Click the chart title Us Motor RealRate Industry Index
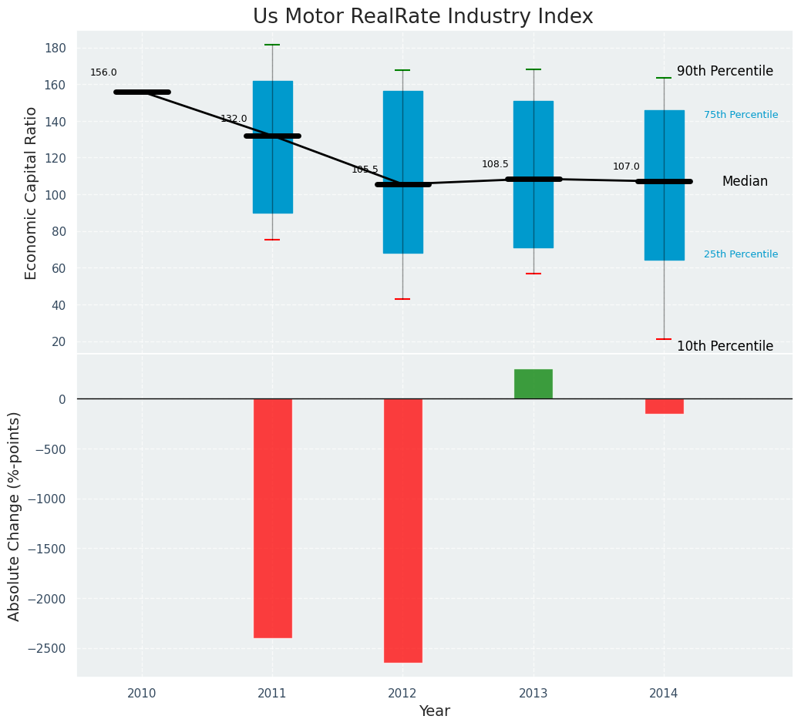(422, 17)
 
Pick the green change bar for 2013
(533, 384)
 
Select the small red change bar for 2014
(664, 406)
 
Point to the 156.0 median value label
(103, 73)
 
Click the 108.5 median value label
(495, 165)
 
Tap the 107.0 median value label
(626, 167)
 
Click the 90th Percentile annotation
(725, 72)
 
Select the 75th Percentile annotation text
(741, 116)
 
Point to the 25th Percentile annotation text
(741, 255)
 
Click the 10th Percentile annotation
(725, 347)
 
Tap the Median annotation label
(745, 182)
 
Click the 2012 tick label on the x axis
(402, 694)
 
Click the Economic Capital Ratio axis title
(32, 193)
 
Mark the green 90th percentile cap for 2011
(272, 45)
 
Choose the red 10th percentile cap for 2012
(402, 299)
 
